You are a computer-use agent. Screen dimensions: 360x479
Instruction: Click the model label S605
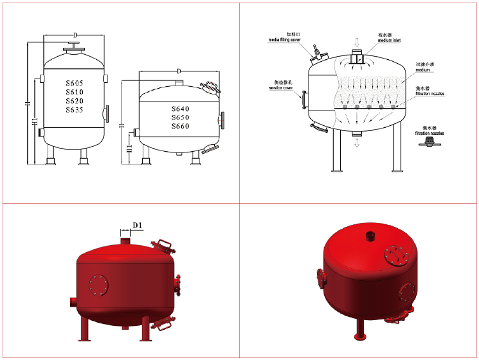coord(75,84)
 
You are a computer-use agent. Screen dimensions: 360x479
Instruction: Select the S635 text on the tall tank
coord(75,110)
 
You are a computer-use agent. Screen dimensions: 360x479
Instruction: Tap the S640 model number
coord(181,109)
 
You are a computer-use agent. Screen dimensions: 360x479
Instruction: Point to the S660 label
coord(181,127)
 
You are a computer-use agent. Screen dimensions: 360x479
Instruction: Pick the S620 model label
coord(75,101)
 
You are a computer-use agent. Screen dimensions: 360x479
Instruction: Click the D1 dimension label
coord(136,225)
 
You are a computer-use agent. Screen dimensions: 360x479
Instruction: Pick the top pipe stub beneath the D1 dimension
coord(126,240)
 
